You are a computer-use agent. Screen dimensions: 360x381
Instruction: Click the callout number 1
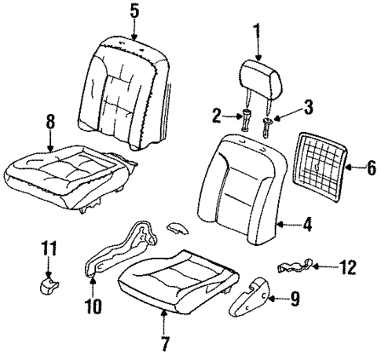coord(256,31)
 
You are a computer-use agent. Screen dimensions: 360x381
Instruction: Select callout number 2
coord(217,117)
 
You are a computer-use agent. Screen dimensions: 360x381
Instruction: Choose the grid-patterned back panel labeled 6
coord(324,165)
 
